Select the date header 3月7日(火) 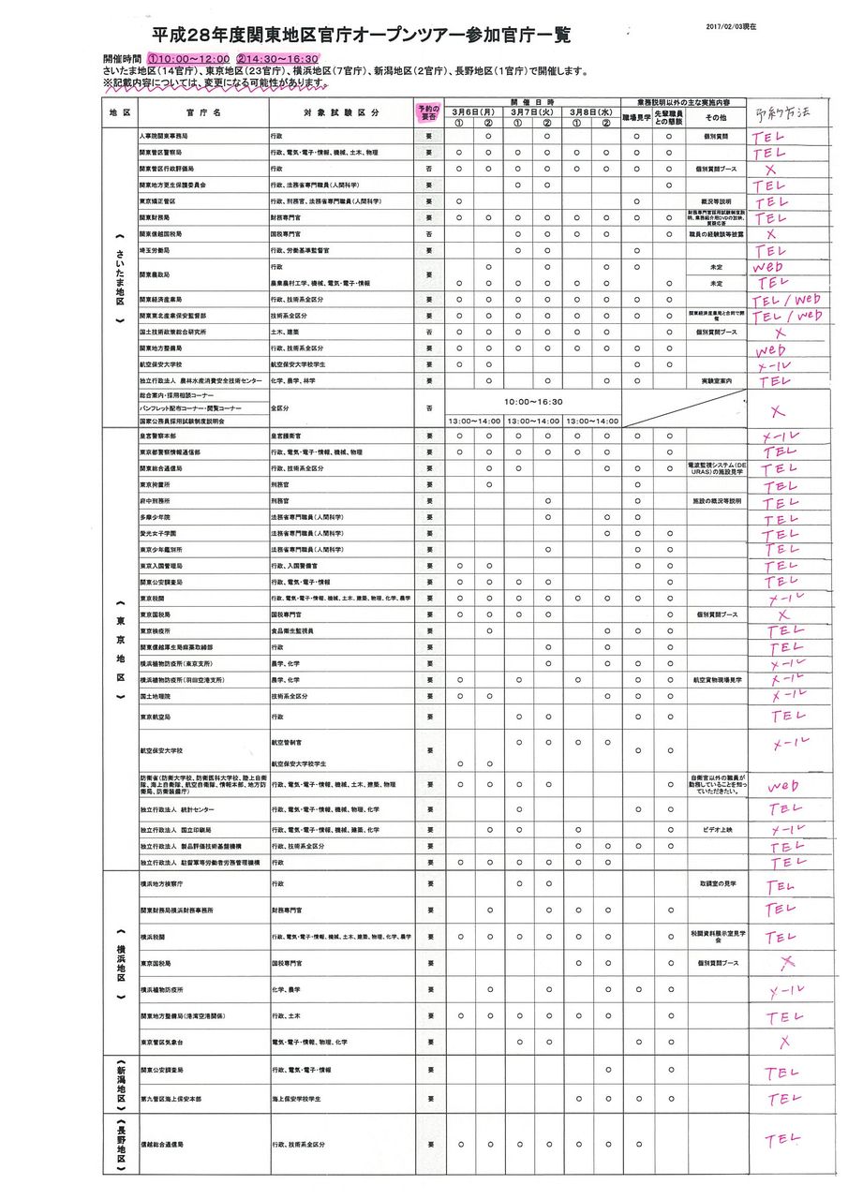click(532, 110)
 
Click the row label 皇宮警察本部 click(161, 436)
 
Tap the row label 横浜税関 click(154, 936)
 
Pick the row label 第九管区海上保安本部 click(171, 1097)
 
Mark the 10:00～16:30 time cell click(532, 400)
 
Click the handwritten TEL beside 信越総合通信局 click(782, 1139)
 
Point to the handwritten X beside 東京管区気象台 click(785, 1041)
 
